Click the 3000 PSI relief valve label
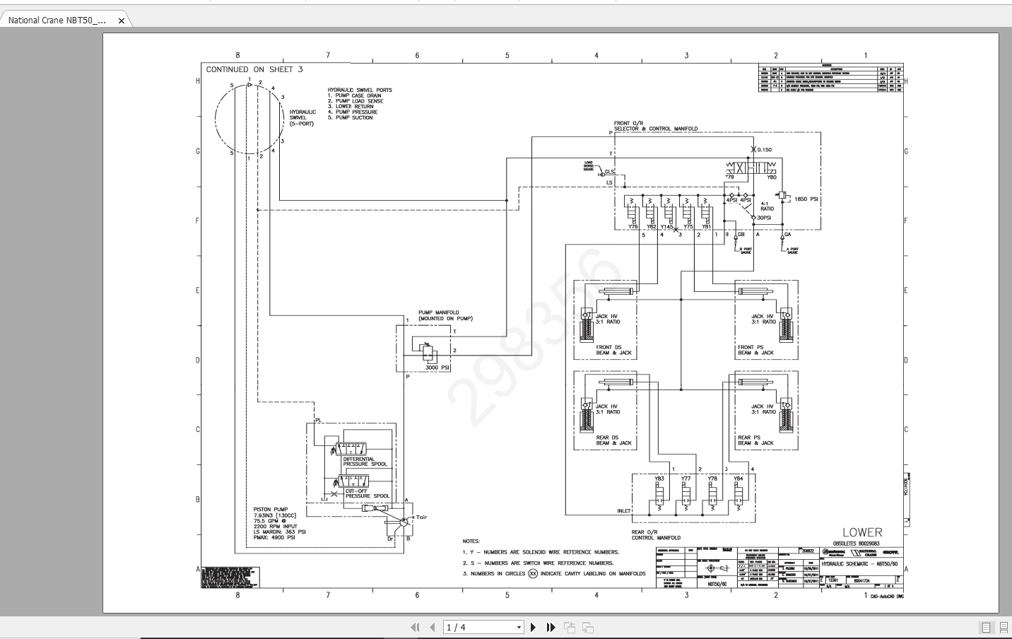click(437, 368)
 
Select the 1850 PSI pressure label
click(806, 199)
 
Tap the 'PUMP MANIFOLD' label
click(439, 312)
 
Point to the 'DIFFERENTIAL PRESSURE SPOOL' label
click(365, 462)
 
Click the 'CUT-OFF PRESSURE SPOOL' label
click(366, 493)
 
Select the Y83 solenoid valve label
click(659, 479)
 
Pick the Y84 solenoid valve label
click(738, 479)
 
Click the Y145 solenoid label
click(666, 227)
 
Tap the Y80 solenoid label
click(771, 177)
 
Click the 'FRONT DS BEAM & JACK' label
click(614, 350)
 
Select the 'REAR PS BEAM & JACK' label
click(755, 440)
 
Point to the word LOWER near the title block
click(861, 532)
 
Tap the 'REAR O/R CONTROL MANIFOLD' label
click(656, 534)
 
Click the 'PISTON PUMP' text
click(271, 509)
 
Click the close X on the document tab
click(121, 21)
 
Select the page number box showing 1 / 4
click(483, 627)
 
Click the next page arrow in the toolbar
click(534, 627)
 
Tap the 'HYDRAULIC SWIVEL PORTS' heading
click(359, 90)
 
